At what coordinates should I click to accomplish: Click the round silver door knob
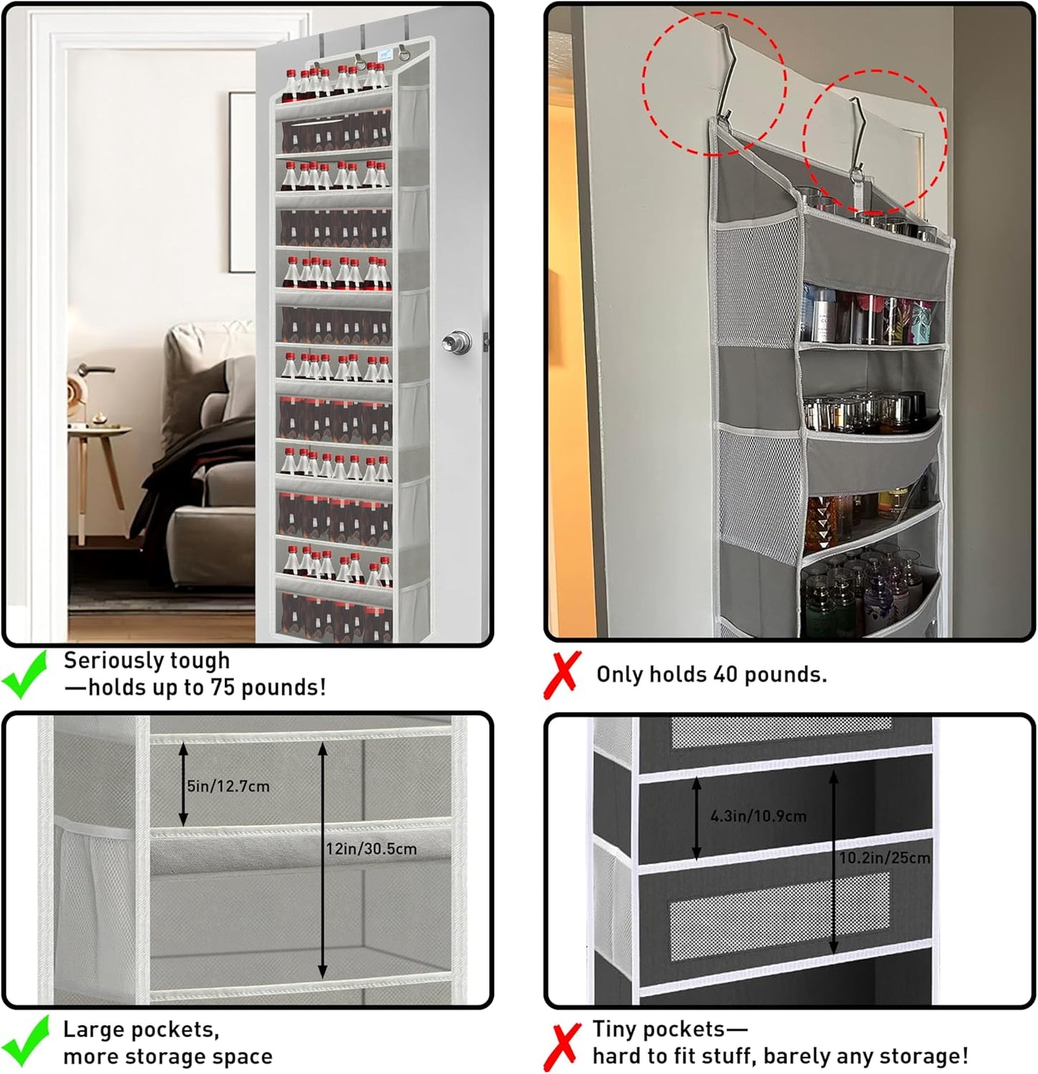[x=457, y=342]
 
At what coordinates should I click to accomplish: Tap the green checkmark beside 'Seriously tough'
[x=24, y=675]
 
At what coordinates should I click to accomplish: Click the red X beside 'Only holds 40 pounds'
[x=562, y=675]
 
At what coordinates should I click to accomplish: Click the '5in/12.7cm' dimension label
[x=228, y=786]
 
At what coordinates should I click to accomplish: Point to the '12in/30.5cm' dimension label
[x=371, y=849]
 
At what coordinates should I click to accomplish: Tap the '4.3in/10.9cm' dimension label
[x=758, y=816]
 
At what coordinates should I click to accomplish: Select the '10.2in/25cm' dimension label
[x=884, y=858]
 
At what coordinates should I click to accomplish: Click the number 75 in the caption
[x=223, y=688]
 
